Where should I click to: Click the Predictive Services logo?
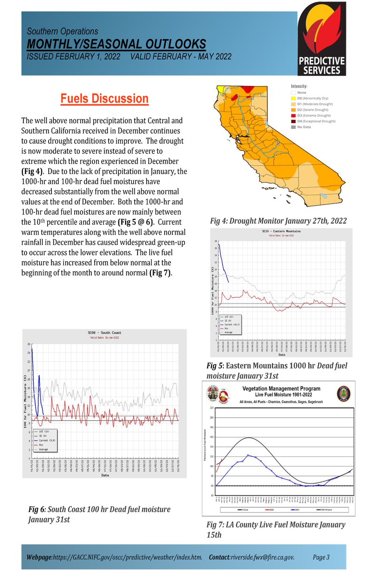click(326, 43)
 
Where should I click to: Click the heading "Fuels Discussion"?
click(104, 99)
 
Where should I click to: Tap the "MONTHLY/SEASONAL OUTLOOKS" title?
click(116, 44)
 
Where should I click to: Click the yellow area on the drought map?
click(222, 89)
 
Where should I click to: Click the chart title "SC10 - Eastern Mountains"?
click(281, 231)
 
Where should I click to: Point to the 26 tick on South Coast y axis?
click(29, 344)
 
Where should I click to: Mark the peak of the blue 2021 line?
click(248, 455)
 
